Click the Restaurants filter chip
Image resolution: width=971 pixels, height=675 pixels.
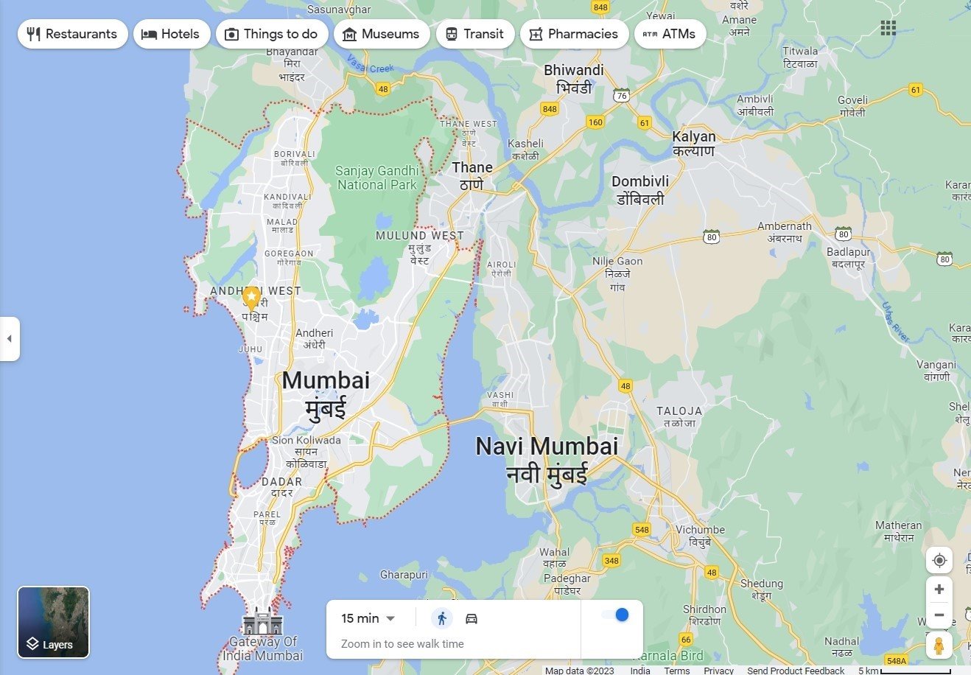[x=72, y=34]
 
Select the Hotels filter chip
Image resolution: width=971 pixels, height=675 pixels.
[x=171, y=34]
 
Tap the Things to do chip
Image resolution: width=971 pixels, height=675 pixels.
[x=271, y=34]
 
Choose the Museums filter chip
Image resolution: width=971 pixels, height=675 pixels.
[x=381, y=34]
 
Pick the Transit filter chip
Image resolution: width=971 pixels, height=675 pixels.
[x=474, y=34]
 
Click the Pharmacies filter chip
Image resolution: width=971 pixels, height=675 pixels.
[x=574, y=34]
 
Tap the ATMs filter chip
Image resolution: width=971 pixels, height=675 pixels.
[x=669, y=34]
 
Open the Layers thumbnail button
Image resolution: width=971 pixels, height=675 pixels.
[x=53, y=622]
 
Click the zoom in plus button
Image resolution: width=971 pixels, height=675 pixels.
[x=939, y=589]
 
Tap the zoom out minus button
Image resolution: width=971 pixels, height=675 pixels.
[x=939, y=615]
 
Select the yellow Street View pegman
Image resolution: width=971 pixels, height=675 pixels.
[x=939, y=646]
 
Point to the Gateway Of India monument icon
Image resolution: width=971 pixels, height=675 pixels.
[x=263, y=623]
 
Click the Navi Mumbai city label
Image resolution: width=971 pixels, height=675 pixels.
[x=547, y=447]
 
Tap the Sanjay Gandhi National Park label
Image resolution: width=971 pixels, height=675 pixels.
[x=376, y=178]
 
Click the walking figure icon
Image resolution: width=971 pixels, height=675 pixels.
[x=442, y=618]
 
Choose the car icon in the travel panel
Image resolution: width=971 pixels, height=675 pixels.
[x=472, y=618]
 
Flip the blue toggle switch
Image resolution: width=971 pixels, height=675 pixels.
[x=617, y=615]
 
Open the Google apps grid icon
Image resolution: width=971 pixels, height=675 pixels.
[x=888, y=28]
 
